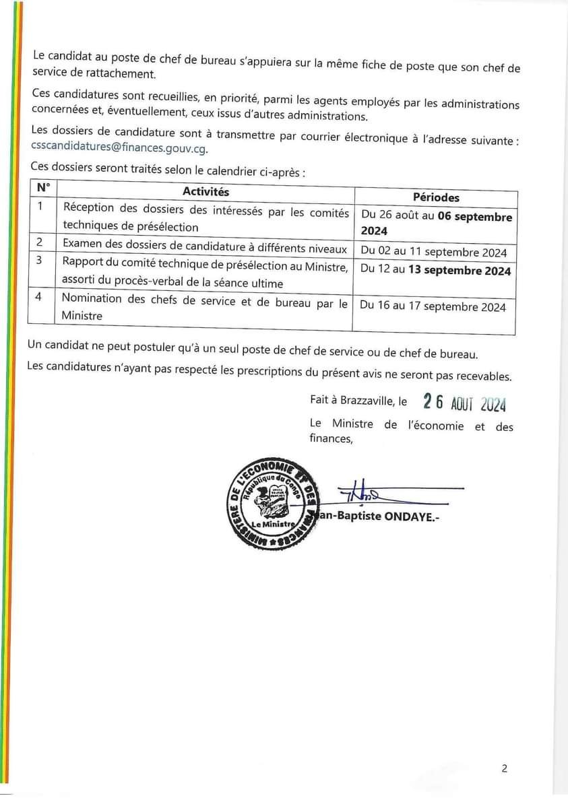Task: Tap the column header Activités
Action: point(206,193)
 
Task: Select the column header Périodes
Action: point(436,197)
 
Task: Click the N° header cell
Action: point(43,187)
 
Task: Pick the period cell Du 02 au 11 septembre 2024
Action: point(434,253)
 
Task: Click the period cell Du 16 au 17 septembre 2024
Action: point(433,306)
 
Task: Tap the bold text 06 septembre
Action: point(474,217)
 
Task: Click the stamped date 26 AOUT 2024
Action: point(464,403)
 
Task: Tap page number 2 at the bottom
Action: point(504,768)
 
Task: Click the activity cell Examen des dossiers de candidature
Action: point(205,248)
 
